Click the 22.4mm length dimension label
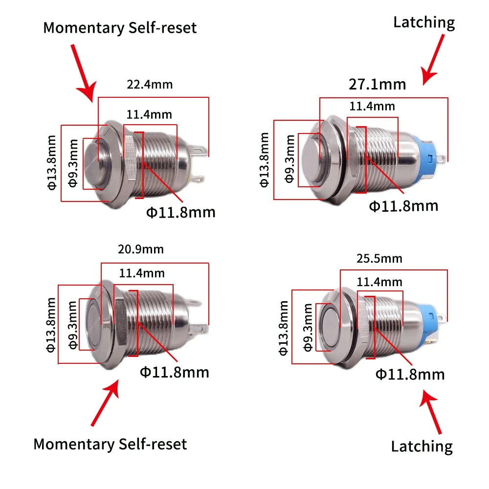tap(150, 85)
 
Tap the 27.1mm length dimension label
tap(378, 85)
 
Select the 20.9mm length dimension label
tap(141, 249)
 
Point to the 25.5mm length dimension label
tap(379, 259)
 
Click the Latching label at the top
tap(424, 23)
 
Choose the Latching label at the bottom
tap(422, 446)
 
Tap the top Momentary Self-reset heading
tap(120, 28)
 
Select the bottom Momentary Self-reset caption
tap(110, 444)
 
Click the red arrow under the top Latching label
tap(432, 59)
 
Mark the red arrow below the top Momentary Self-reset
tap(84, 73)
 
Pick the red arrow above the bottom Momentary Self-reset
tap(106, 402)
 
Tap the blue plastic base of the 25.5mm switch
tap(428, 322)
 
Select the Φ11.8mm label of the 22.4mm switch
tap(181, 213)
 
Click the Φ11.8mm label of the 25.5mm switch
tap(410, 375)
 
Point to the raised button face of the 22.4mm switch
tap(92, 163)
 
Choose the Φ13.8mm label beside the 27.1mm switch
tap(264, 160)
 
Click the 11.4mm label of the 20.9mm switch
tap(142, 273)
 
